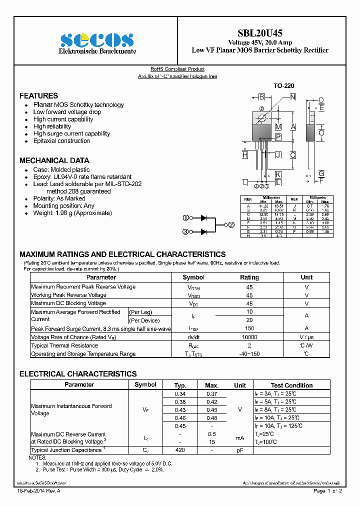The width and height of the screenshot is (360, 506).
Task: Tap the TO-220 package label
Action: tap(283, 86)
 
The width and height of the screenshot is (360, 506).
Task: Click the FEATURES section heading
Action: tap(38, 95)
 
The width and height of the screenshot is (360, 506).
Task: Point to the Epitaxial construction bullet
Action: tap(61, 141)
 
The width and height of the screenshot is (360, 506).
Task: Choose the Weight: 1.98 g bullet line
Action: tap(72, 213)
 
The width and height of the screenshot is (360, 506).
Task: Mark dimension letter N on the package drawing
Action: tap(292, 96)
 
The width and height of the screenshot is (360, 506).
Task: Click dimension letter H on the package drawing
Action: tap(245, 155)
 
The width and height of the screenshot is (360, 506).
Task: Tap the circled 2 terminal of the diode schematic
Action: tap(231, 225)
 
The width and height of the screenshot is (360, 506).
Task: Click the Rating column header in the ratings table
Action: tap(249, 277)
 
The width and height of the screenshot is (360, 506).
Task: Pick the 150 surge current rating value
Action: tap(249, 328)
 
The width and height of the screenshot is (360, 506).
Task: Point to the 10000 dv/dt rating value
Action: tap(249, 337)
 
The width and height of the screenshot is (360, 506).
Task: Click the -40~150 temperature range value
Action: tap(249, 354)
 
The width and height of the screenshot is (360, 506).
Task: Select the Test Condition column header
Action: tap(291, 385)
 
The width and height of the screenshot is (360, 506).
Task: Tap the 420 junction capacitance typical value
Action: tap(180, 450)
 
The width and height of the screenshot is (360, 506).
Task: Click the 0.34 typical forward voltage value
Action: tap(180, 394)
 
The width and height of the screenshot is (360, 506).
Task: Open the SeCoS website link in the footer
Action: tap(42, 483)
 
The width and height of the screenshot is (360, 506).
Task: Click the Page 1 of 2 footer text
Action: tap(327, 491)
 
